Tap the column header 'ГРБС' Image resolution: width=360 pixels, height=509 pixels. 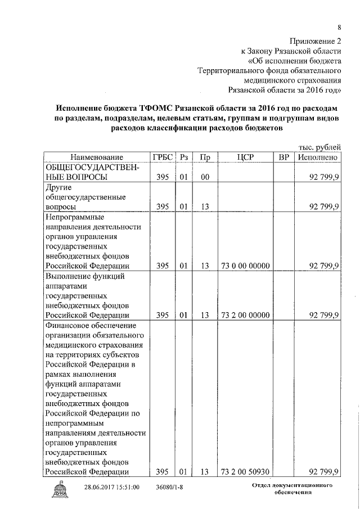[x=163, y=157]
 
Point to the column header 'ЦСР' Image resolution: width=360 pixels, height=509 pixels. [x=245, y=157]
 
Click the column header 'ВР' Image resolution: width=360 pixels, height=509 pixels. [x=283, y=157]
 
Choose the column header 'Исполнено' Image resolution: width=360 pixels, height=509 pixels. [x=318, y=157]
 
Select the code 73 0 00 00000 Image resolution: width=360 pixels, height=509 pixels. [x=245, y=266]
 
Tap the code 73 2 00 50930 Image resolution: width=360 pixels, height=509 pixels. [x=245, y=471]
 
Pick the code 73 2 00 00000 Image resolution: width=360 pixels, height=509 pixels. [x=245, y=315]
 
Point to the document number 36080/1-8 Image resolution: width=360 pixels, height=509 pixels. [x=169, y=487]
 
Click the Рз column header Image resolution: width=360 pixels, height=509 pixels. [x=183, y=157]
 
